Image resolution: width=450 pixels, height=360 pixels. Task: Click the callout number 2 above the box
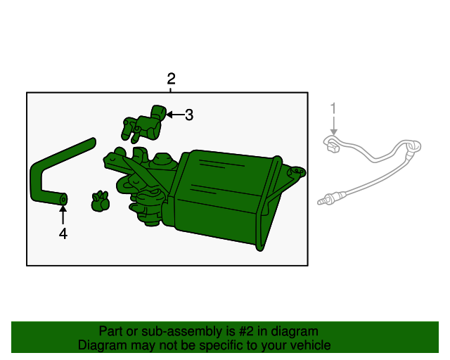pyautogui.click(x=171, y=79)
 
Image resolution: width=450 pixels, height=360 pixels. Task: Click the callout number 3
pyautogui.click(x=189, y=115)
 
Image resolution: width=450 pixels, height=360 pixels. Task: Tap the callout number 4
pyautogui.click(x=63, y=233)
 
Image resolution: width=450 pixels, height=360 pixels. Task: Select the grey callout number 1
pyautogui.click(x=333, y=108)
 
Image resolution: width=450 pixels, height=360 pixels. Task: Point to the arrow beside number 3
pyautogui.click(x=176, y=115)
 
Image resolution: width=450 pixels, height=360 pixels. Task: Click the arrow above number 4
pyautogui.click(x=63, y=214)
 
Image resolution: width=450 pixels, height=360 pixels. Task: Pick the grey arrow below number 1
pyautogui.click(x=333, y=125)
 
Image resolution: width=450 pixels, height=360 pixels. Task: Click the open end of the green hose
pyautogui.click(x=63, y=199)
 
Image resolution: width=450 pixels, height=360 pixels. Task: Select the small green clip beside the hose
pyautogui.click(x=100, y=201)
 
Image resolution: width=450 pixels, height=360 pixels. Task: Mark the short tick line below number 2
pyautogui.click(x=170, y=90)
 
